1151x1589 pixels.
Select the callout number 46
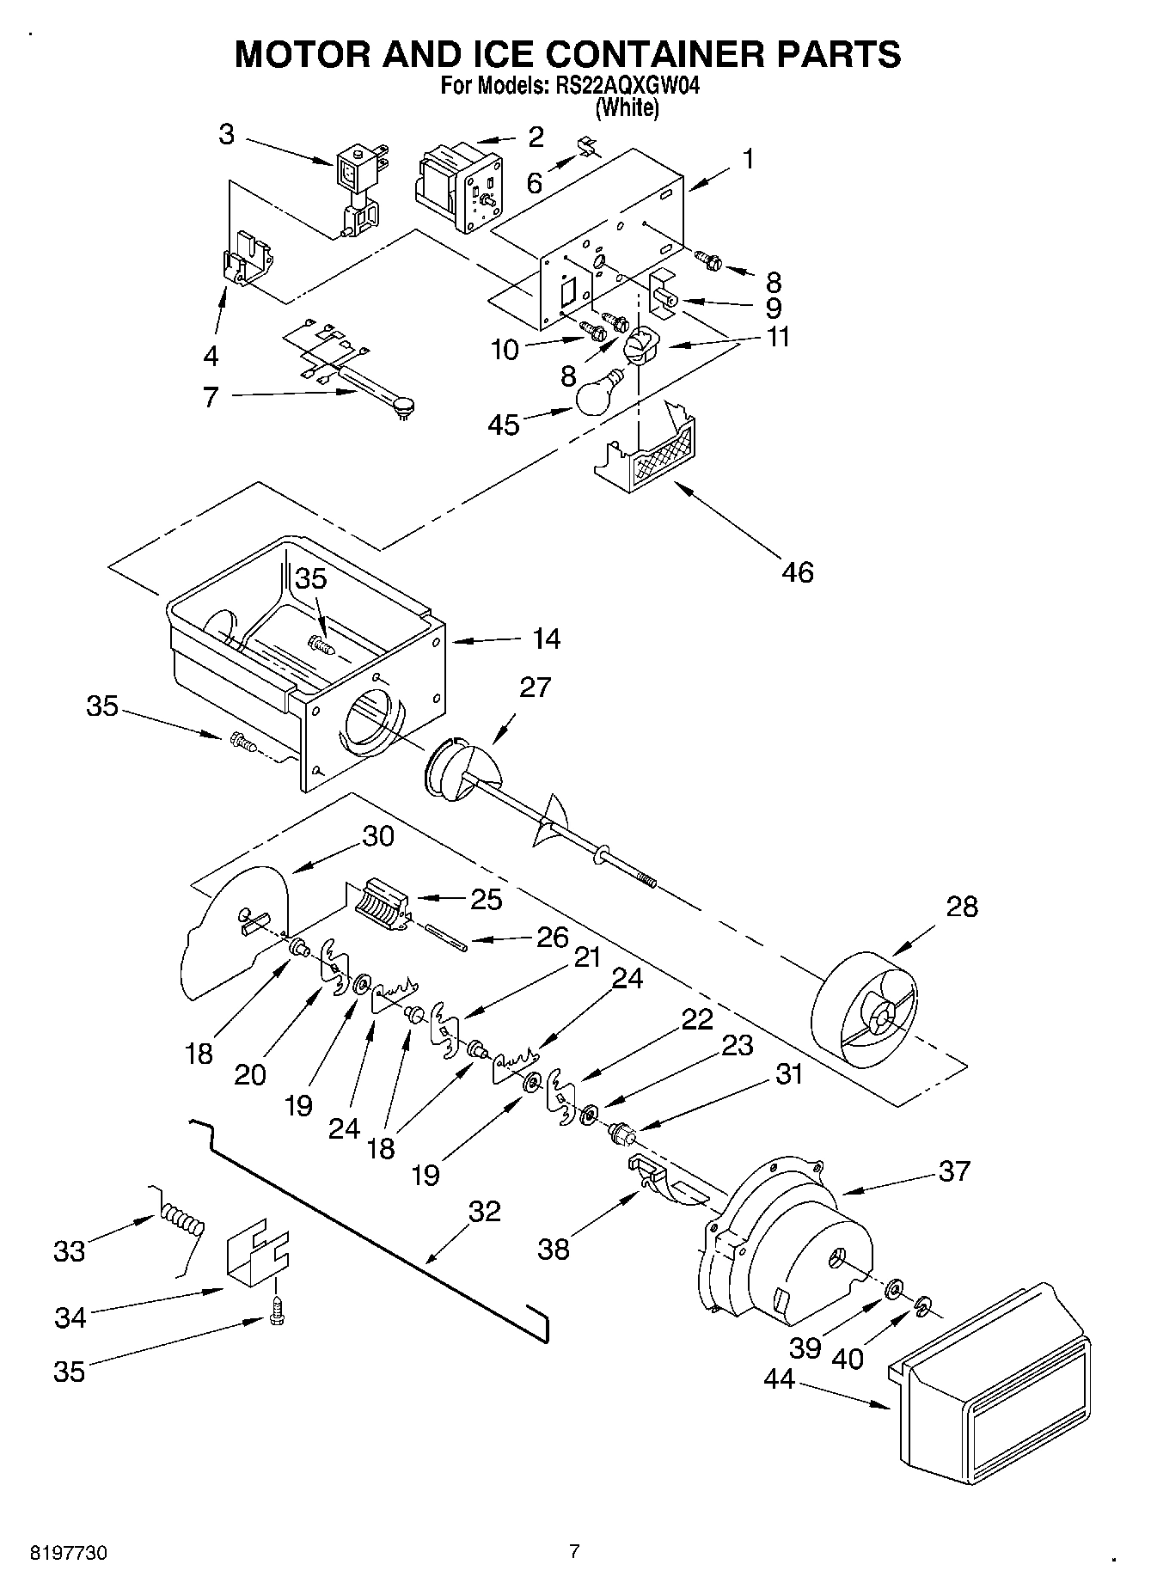click(x=798, y=571)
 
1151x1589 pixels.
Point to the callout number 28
click(x=962, y=907)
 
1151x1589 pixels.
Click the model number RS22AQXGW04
click(x=616, y=86)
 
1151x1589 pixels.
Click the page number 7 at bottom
click(x=574, y=1551)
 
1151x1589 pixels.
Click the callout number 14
click(x=546, y=639)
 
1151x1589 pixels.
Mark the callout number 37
click(x=954, y=1170)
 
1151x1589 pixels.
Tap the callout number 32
click(x=485, y=1211)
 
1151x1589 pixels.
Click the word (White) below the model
click(x=628, y=108)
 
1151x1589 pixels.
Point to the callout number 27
click(x=535, y=688)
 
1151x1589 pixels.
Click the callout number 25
click(x=487, y=899)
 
